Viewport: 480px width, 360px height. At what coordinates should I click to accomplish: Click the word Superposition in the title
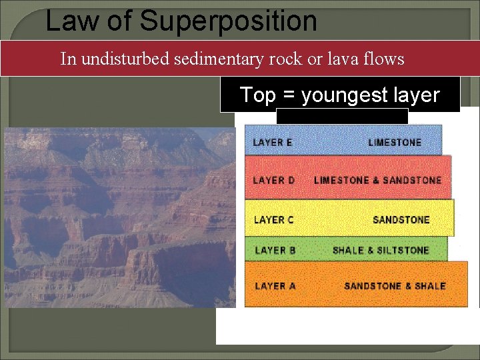(x=228, y=21)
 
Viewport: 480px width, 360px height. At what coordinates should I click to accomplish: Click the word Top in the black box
(x=257, y=95)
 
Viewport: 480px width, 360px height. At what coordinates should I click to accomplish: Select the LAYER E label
(x=273, y=143)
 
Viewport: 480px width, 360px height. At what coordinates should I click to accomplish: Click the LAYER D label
(x=273, y=181)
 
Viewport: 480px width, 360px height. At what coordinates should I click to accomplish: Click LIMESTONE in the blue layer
(x=395, y=143)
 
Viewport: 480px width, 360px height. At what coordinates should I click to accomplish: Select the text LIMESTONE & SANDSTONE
(x=377, y=181)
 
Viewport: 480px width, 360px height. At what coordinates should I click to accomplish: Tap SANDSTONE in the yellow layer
(x=401, y=219)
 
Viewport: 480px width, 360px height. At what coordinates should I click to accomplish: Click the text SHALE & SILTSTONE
(x=381, y=251)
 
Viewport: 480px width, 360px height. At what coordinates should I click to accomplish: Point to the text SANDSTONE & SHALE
(x=395, y=286)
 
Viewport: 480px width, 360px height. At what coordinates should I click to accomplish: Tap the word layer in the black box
(x=418, y=95)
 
